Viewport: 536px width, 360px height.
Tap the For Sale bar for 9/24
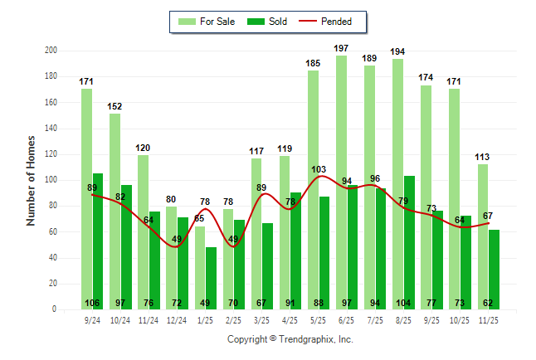click(86, 199)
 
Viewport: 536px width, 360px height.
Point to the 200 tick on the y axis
click(51, 51)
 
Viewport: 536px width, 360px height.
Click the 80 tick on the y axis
click(53, 206)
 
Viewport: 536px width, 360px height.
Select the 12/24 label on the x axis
click(177, 319)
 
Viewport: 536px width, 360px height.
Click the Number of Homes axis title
click(32, 180)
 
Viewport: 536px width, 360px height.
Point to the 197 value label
click(341, 48)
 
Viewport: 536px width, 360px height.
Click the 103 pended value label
click(319, 169)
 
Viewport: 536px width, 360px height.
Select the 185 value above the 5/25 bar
click(313, 63)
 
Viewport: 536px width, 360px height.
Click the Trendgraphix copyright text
click(290, 339)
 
